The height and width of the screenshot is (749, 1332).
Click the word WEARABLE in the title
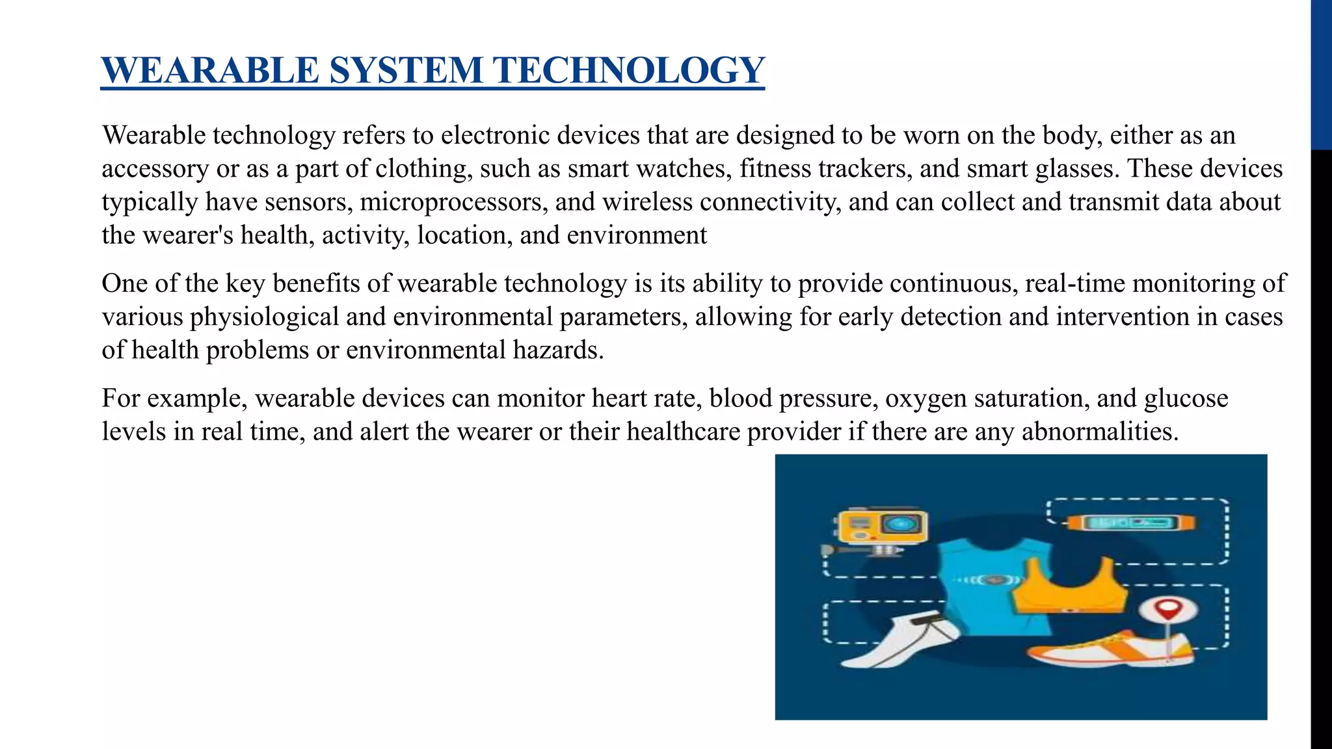[x=209, y=70]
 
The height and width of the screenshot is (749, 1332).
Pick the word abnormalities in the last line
[x=1100, y=431]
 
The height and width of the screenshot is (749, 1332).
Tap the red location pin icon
[x=1169, y=611]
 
